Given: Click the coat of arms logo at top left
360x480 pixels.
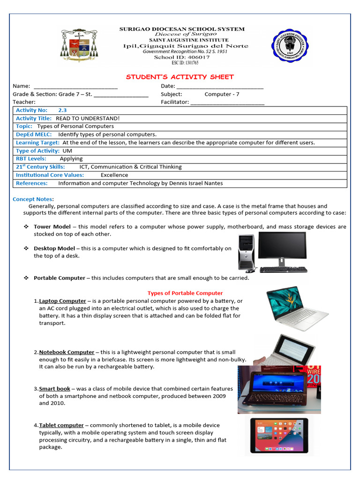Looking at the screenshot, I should coord(79,45).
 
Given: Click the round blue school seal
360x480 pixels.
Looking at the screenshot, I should coord(290,45).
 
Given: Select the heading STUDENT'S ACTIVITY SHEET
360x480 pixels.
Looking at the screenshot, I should coord(180,77).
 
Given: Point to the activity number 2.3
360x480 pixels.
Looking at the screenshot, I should coord(62,110).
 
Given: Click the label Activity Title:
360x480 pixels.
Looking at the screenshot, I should coord(34,119).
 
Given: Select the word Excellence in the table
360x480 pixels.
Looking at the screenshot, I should coord(114,175).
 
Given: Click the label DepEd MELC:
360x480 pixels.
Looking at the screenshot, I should coord(34,135).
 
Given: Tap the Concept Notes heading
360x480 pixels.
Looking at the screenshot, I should coord(33,199).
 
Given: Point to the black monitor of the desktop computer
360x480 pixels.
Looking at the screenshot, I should coord(282,246).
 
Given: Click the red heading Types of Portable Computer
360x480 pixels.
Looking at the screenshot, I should coord(185,293).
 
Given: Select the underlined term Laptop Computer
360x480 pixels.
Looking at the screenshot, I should coord(62,301).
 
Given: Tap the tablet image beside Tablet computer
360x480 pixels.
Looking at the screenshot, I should coord(279,435).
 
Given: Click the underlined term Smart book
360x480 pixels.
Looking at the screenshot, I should coord(54,389).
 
